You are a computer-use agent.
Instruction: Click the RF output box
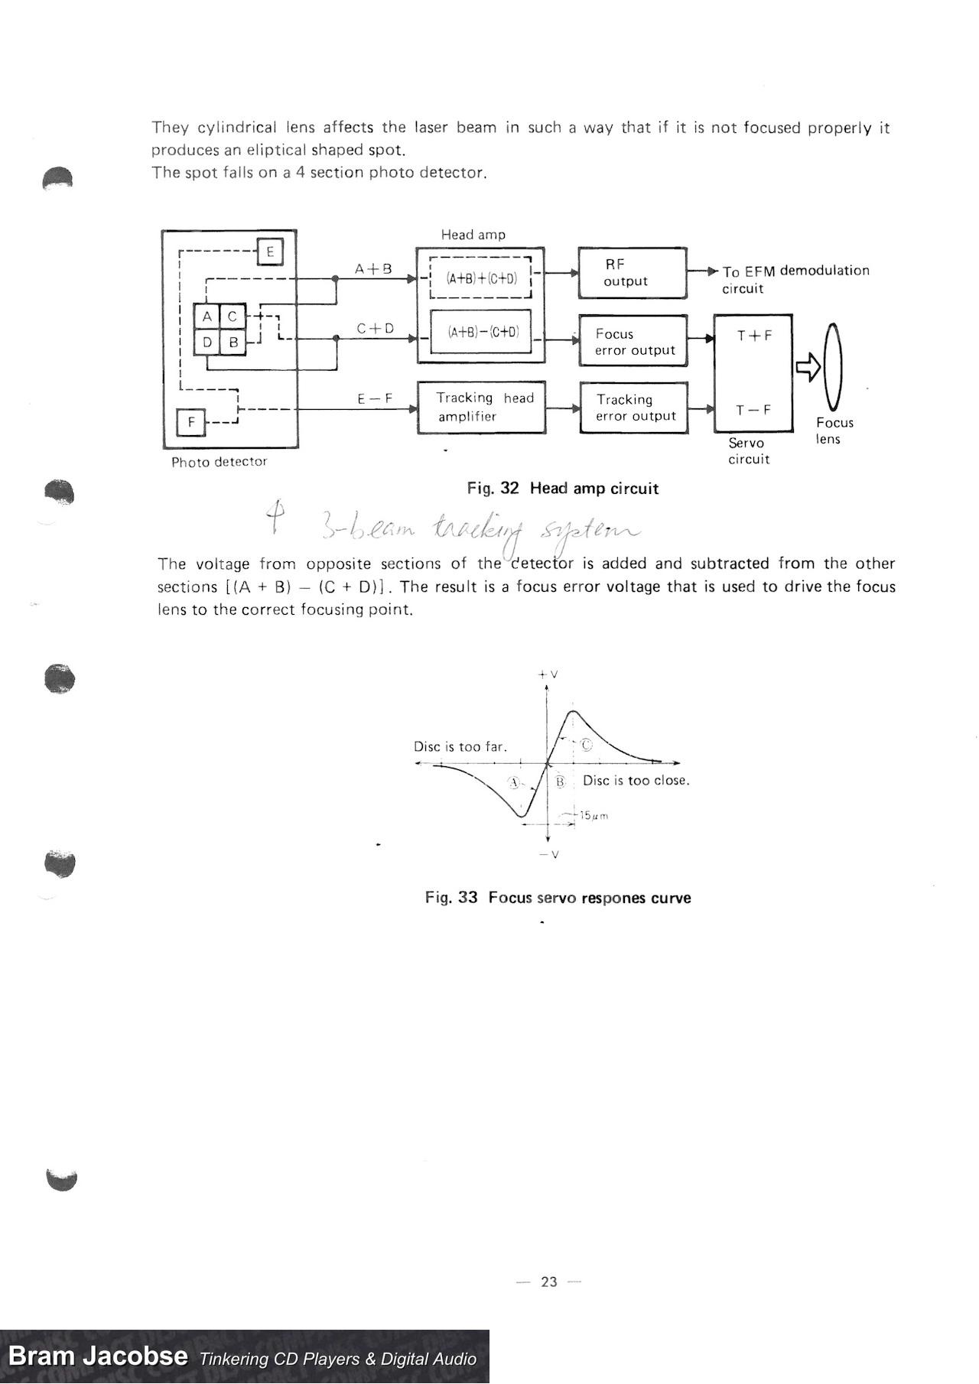pos(632,273)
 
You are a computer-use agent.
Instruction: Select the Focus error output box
pos(633,341)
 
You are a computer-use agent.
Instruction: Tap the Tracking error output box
pos(633,408)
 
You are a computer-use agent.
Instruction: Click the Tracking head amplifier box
pos(481,408)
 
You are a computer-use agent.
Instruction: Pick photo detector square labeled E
pos(270,252)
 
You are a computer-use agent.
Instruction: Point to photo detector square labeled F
pos(191,421)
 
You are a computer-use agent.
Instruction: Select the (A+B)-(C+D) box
pos(481,332)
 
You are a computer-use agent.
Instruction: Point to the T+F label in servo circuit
pos(753,336)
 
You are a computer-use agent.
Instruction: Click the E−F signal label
pos(375,398)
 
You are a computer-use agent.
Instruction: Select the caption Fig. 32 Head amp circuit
pos(563,489)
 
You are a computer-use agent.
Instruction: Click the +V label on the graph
pos(548,674)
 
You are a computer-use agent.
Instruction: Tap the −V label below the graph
pos(548,854)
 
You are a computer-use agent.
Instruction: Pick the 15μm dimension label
pos(594,816)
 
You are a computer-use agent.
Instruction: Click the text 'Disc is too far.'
pos(460,746)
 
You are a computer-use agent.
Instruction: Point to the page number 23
pos(549,1282)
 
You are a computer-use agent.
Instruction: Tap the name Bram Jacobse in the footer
pos(98,1356)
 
